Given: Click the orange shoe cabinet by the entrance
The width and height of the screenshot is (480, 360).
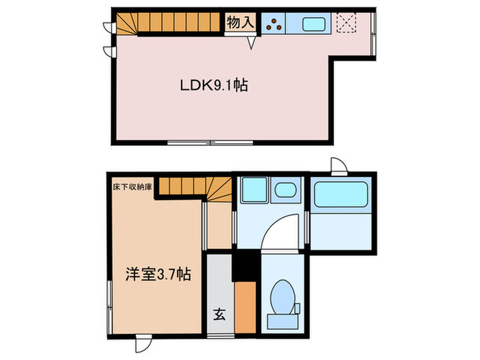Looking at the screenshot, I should tap(244, 302).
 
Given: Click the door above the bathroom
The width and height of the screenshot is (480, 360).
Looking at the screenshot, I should tap(338, 165).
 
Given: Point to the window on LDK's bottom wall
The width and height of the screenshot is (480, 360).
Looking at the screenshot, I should tap(211, 143).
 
